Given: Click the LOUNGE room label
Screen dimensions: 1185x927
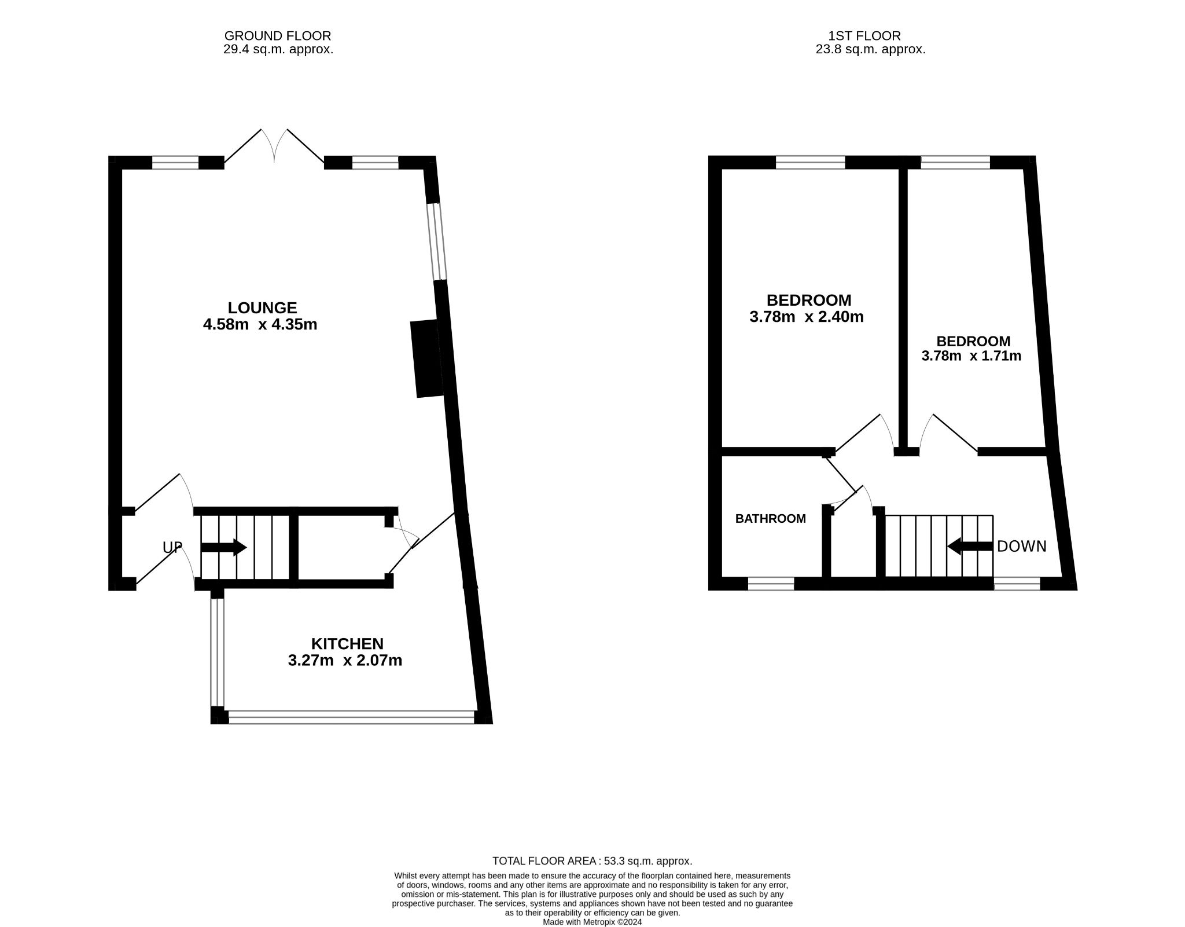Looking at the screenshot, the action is point(262,307).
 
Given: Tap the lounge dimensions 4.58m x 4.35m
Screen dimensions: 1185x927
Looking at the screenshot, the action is point(260,324).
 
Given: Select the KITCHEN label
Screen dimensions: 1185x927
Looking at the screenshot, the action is point(347,643).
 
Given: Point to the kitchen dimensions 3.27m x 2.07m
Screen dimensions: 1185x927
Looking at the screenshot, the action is point(345,660).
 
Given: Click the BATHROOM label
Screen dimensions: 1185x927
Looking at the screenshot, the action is point(770,519).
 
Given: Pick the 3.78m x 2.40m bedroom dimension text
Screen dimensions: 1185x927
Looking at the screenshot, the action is point(807,317).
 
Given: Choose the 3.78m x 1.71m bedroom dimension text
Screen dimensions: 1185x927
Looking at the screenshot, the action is point(971,356).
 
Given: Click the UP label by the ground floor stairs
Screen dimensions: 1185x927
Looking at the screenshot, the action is point(172,547).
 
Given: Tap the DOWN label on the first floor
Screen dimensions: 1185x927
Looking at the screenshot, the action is point(1022,546).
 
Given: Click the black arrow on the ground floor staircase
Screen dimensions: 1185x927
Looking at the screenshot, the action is point(224,547).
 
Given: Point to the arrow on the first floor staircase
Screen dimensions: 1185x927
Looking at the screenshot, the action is point(970,546).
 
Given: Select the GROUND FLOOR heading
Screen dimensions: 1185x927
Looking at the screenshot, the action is point(278,36).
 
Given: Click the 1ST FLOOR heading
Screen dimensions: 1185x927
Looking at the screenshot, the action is point(864,36).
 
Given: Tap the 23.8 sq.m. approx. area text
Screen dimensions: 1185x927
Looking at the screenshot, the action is point(870,49).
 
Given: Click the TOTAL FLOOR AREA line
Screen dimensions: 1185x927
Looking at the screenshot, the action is point(592,861).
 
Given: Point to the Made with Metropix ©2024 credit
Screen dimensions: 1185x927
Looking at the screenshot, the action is point(592,922).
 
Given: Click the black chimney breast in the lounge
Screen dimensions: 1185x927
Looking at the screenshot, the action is point(426,358).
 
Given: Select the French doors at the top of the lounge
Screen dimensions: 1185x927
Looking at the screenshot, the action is point(274,146).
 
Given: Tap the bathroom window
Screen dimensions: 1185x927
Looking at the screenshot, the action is point(771,584).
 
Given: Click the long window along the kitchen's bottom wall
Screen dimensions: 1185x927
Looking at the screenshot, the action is point(351,717).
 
